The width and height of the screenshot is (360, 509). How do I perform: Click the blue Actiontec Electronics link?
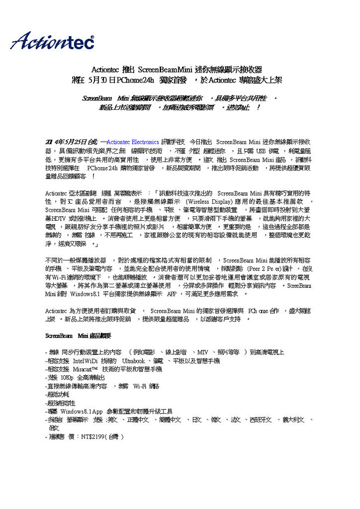(x=133, y=142)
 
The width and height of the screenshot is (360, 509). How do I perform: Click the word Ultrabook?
(x=133, y=360)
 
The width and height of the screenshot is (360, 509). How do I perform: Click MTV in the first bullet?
(x=203, y=352)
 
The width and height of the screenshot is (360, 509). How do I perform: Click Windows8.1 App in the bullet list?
(x=82, y=411)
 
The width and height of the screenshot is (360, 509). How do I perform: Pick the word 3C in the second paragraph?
(x=68, y=201)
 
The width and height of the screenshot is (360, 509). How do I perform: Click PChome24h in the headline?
(x=134, y=80)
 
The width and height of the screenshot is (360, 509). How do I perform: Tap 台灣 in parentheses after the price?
(x=114, y=437)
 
